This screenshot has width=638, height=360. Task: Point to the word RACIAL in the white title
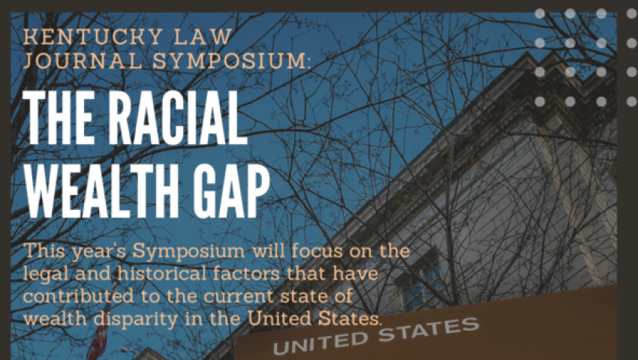[x=177, y=118]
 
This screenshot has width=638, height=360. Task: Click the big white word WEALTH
[x=102, y=190]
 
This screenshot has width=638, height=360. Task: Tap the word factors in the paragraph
[x=247, y=273]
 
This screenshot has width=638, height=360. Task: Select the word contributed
[x=78, y=295]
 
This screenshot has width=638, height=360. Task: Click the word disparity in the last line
[x=136, y=319]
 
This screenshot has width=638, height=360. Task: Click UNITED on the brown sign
[x=321, y=343]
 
